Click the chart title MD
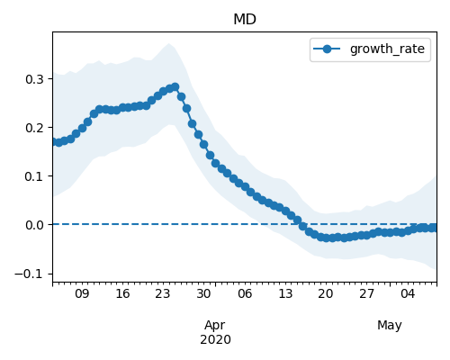245,20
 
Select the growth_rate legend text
387,49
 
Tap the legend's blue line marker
327,49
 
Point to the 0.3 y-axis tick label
34,79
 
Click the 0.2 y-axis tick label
34,128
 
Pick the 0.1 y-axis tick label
34,176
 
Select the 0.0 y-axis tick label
34,225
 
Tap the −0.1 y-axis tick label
29,274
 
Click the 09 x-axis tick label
82,293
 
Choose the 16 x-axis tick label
122,293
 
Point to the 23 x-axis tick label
163,293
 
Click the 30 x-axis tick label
203,293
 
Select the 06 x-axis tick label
245,293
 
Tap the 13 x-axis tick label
285,293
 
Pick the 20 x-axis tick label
326,293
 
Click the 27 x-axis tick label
366,293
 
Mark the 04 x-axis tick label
408,293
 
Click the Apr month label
215,325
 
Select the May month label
390,325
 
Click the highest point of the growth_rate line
175,87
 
